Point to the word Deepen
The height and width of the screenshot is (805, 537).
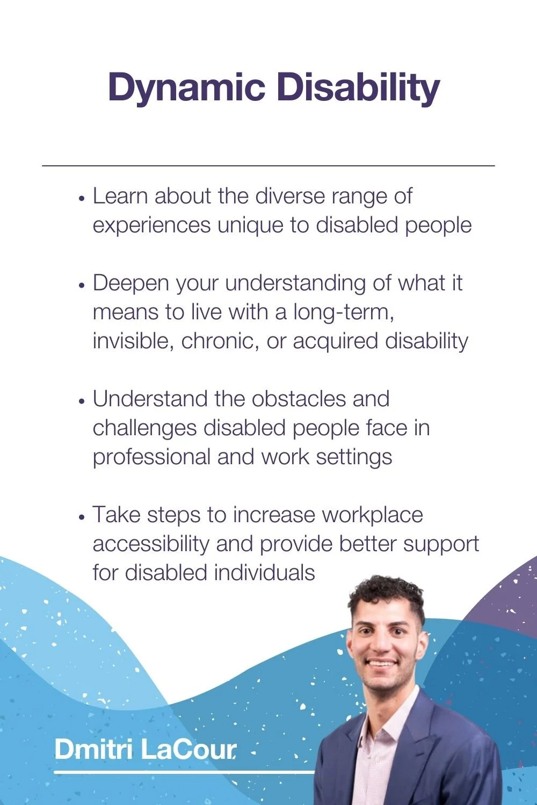[x=130, y=283]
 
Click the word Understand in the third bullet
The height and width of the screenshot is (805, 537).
[x=149, y=399]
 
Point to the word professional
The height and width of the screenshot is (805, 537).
[x=151, y=457]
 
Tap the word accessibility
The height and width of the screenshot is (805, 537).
[x=151, y=544]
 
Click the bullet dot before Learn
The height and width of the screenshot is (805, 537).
[x=82, y=198]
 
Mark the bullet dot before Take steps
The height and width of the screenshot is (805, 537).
[x=82, y=517]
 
